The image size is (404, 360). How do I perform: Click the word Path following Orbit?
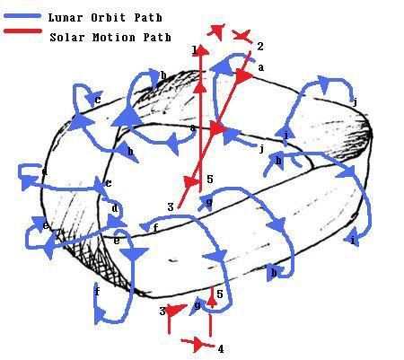click(x=148, y=18)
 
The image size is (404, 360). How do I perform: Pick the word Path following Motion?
click(x=157, y=38)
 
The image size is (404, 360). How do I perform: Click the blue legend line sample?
click(x=22, y=16)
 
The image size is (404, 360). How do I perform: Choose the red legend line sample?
click(x=22, y=31)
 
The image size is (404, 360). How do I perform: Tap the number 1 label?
click(x=195, y=50)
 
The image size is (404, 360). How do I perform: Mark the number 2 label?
click(x=260, y=47)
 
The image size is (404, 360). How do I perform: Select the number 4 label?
click(x=221, y=349)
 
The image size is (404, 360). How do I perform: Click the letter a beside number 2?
click(x=261, y=67)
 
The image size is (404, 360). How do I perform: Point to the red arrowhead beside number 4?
click(x=199, y=345)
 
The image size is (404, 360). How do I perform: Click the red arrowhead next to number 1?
click(x=203, y=50)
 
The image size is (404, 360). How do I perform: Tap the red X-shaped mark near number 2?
click(x=242, y=36)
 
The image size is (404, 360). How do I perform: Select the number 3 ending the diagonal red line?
click(x=171, y=206)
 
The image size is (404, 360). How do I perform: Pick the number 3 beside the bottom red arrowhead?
click(x=162, y=312)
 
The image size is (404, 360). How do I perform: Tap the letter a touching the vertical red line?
click(x=193, y=128)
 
